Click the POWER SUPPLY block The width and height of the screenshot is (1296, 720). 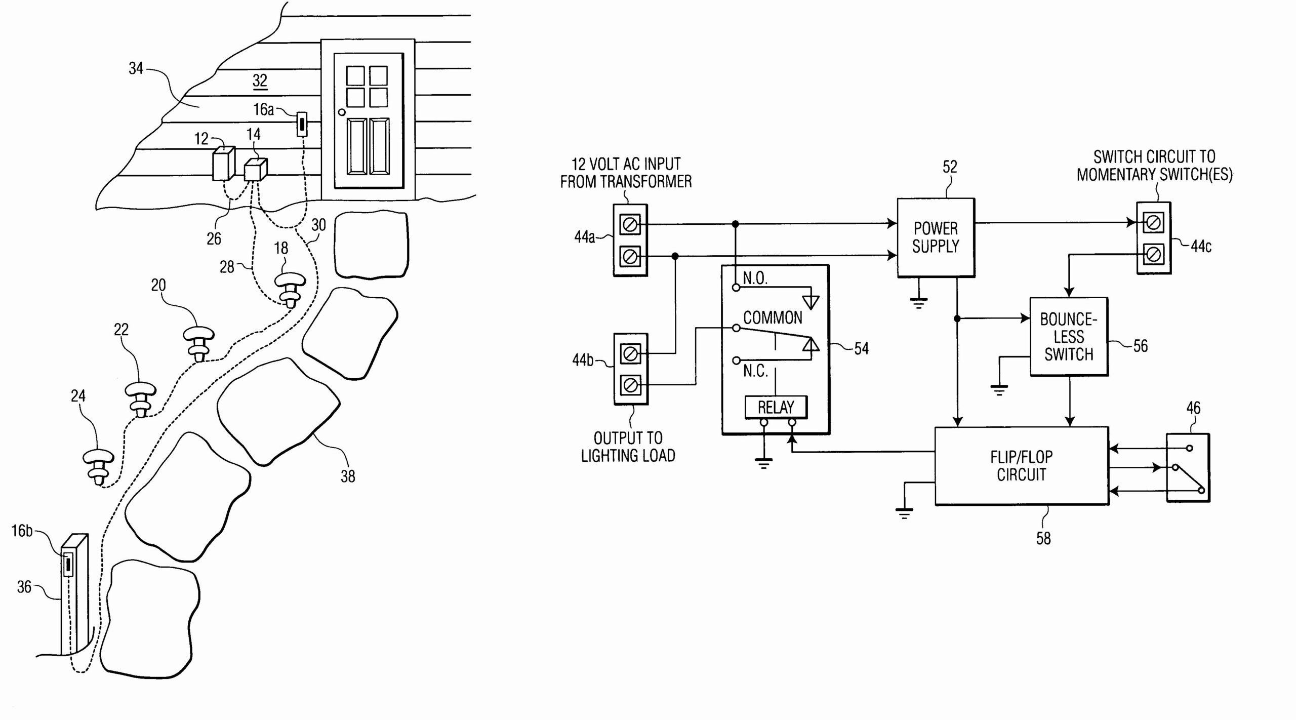[x=936, y=237]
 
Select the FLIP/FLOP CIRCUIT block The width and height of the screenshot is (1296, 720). [x=1021, y=466]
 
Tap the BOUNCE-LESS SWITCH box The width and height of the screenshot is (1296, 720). [x=1069, y=337]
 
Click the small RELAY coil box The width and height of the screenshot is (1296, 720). [x=776, y=407]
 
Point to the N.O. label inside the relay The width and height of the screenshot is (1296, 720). [x=755, y=278]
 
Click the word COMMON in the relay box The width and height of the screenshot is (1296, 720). [x=773, y=318]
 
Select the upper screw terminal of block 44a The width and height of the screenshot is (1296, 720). [x=630, y=224]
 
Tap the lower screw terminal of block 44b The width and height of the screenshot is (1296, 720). [x=630, y=386]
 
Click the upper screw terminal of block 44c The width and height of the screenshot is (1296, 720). [x=1153, y=222]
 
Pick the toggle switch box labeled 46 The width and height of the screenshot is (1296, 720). [x=1188, y=467]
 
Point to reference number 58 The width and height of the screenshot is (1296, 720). [x=1043, y=538]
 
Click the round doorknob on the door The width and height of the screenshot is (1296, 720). [x=342, y=112]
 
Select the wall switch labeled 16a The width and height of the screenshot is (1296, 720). [x=302, y=124]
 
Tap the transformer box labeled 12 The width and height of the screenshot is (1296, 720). [x=223, y=164]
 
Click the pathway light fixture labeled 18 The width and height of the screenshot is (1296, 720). [x=290, y=290]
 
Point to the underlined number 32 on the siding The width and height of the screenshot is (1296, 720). [x=260, y=80]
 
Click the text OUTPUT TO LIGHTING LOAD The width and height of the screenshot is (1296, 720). [x=628, y=447]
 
